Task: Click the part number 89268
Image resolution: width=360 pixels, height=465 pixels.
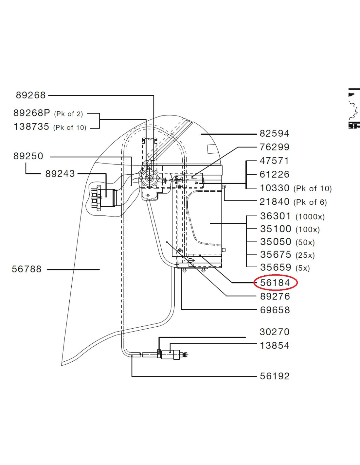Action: [31, 95]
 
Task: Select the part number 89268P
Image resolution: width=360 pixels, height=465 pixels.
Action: [31, 113]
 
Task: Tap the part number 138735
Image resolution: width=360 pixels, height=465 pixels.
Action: [31, 127]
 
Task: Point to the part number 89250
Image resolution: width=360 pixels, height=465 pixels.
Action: [28, 156]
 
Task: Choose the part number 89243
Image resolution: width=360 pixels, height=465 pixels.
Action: [60, 174]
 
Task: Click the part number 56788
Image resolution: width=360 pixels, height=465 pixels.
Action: [27, 269]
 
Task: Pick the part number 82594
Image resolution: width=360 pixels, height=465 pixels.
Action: [274, 133]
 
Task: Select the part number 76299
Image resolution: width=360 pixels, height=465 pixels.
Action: [274, 147]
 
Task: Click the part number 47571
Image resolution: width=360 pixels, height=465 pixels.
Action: [274, 161]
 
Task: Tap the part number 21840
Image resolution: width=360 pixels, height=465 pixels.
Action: [274, 202]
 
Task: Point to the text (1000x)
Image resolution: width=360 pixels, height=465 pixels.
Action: [310, 217]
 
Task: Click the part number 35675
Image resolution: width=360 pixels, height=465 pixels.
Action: [276, 254]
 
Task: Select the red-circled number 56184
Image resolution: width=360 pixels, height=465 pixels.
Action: [275, 283]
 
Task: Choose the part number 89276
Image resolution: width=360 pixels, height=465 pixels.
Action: [275, 296]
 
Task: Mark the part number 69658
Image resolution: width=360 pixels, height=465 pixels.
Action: [275, 310]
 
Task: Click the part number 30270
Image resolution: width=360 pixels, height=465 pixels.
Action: [274, 332]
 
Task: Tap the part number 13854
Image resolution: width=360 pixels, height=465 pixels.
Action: [274, 346]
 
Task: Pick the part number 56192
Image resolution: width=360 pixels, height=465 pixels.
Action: [275, 376]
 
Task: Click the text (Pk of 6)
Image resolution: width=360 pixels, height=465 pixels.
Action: [310, 202]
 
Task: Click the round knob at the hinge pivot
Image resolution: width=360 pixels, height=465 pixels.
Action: [150, 179]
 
